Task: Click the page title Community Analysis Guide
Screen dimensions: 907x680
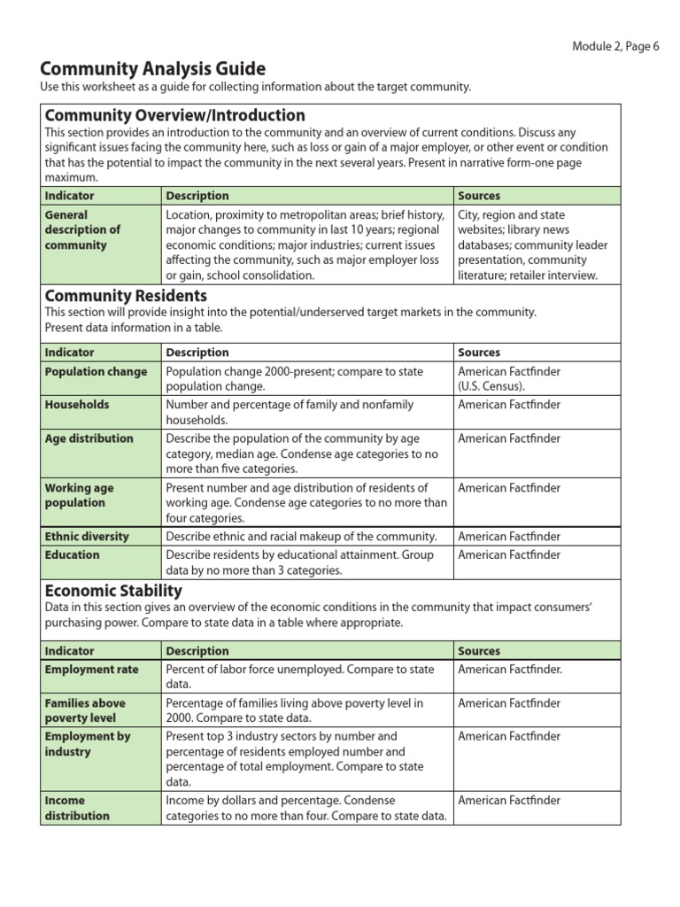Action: click(x=153, y=69)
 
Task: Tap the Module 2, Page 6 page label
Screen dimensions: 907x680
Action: click(x=615, y=47)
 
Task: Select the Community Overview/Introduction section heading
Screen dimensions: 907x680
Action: click(x=174, y=116)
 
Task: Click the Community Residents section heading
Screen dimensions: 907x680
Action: click(x=126, y=296)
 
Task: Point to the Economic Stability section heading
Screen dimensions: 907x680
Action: click(x=113, y=591)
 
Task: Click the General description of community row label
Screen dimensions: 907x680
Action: click(x=82, y=230)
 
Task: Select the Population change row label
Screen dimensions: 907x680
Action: click(x=96, y=372)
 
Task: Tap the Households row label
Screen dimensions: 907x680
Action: click(x=77, y=405)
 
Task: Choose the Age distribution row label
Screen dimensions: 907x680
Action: click(x=89, y=438)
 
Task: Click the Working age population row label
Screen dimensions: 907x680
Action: click(x=80, y=495)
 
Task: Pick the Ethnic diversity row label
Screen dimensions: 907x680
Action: click(x=87, y=537)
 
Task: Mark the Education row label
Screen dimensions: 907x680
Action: click(x=73, y=555)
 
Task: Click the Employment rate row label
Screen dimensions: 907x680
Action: click(x=92, y=670)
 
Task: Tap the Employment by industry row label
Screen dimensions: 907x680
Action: click(x=88, y=744)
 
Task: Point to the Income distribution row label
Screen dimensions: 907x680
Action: click(x=78, y=808)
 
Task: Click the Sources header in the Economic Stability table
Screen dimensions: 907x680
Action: click(x=479, y=651)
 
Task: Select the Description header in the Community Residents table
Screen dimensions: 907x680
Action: click(x=197, y=353)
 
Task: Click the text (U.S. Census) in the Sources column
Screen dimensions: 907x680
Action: click(x=491, y=387)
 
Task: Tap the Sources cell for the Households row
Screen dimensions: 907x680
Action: click(x=509, y=405)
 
